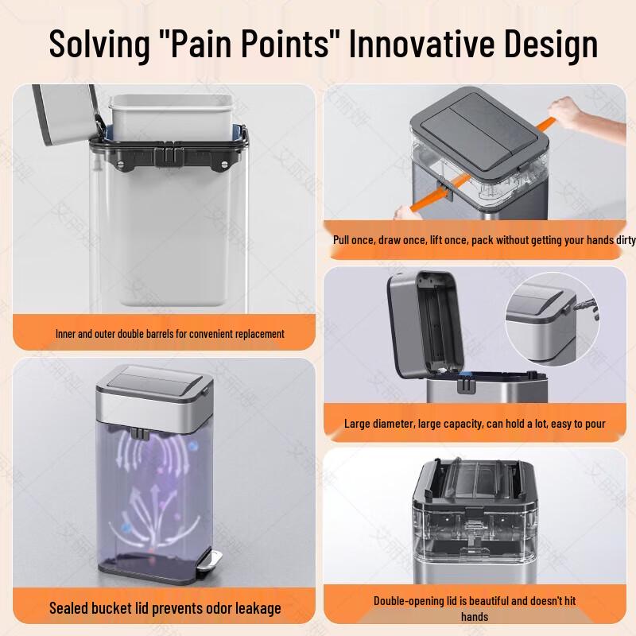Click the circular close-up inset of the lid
pyautogui.click(x=552, y=311)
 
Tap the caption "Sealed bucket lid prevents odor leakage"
pyautogui.click(x=165, y=608)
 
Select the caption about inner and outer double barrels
pyautogui.click(x=169, y=334)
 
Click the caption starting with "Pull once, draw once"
pyautogui.click(x=483, y=239)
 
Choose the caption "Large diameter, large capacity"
pyautogui.click(x=475, y=424)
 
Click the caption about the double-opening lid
pyautogui.click(x=475, y=601)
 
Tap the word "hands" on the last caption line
pyautogui.click(x=475, y=616)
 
